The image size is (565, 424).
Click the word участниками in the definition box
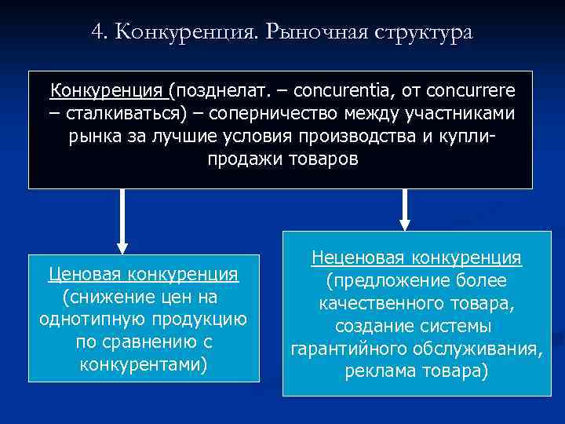(x=459, y=114)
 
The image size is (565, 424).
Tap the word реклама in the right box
(x=376, y=371)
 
